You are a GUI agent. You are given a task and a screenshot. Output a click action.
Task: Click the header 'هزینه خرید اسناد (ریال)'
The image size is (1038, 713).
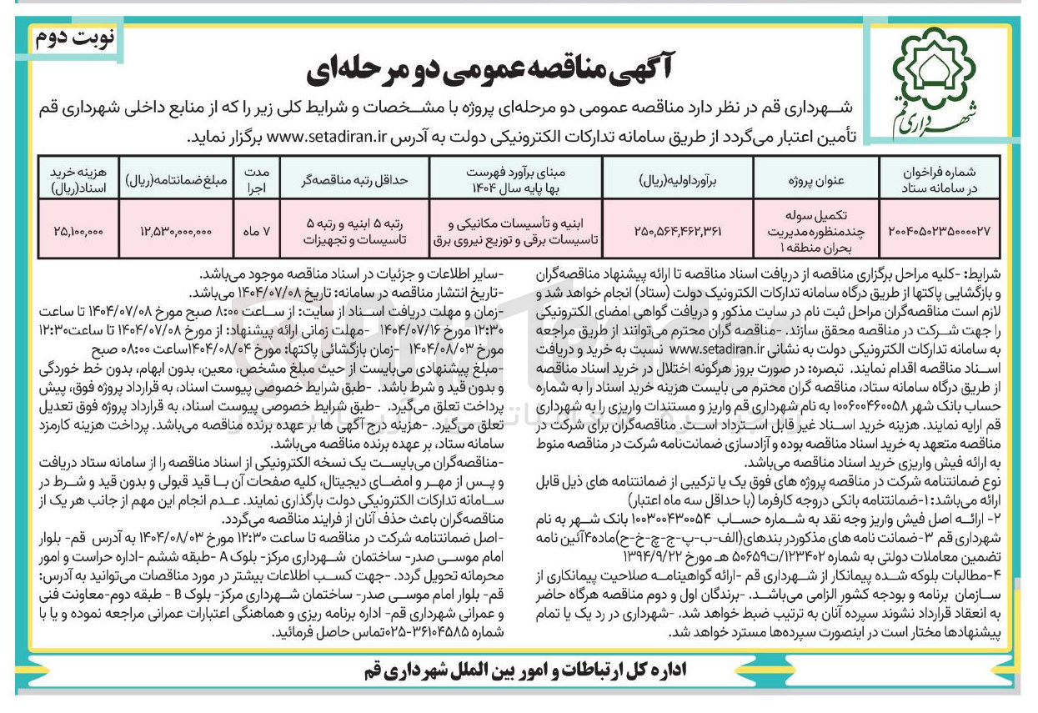point(76,178)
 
